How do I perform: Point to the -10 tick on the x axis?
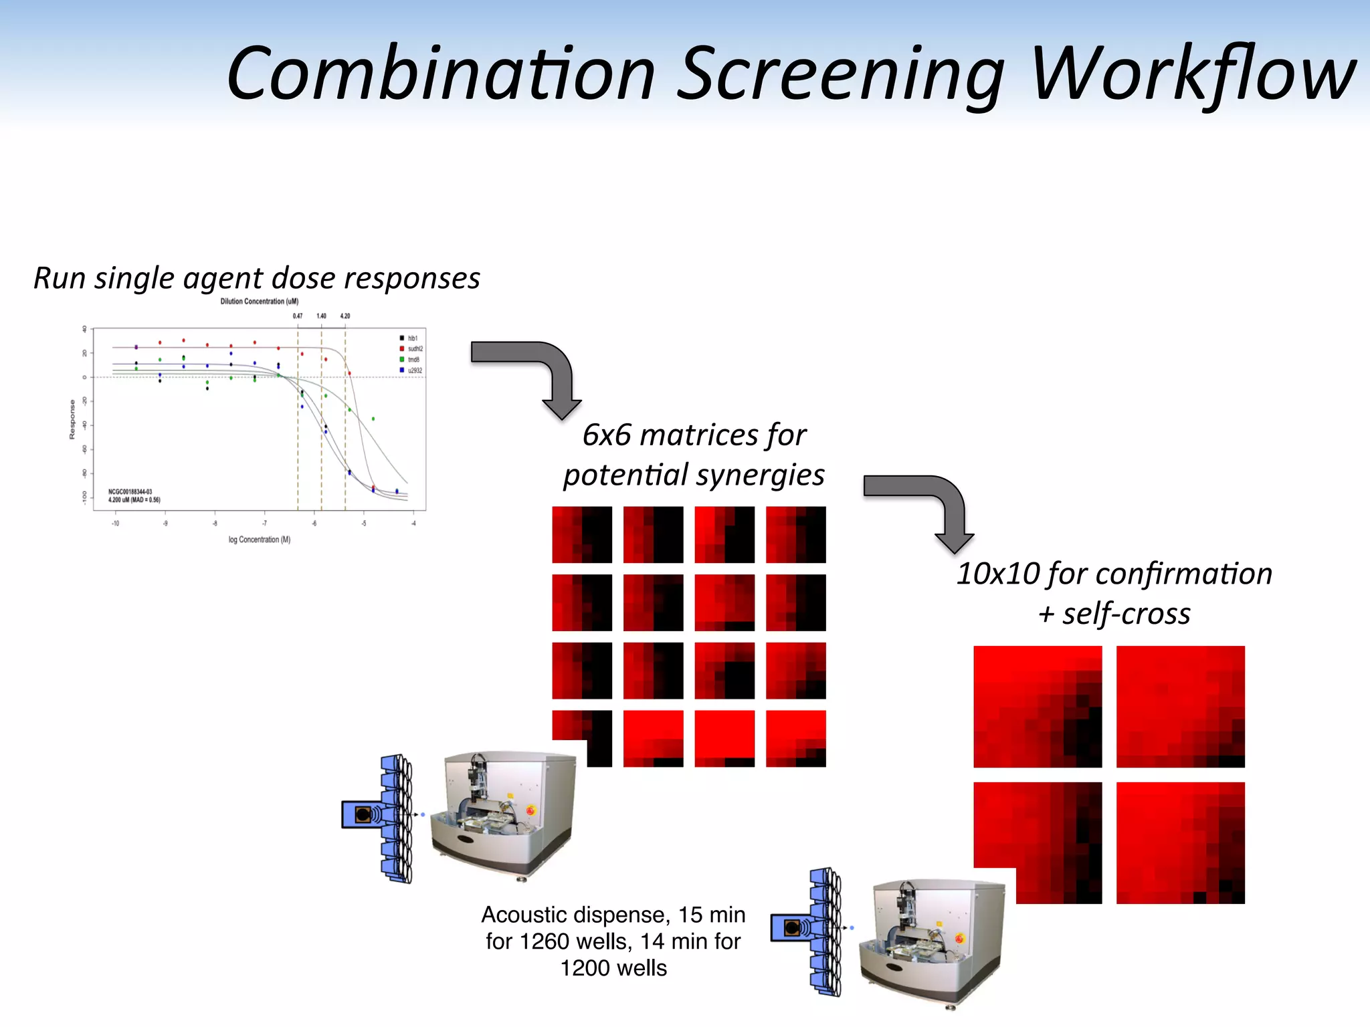click(x=115, y=524)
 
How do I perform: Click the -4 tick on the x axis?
click(x=413, y=524)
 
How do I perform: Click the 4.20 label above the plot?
click(x=345, y=316)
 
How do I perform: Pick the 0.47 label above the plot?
click(x=298, y=316)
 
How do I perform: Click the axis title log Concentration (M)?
click(x=260, y=540)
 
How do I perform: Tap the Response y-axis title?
click(x=72, y=420)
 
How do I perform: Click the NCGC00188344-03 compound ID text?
click(x=130, y=491)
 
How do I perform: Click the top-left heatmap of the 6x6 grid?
click(x=581, y=534)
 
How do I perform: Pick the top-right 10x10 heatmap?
click(x=1180, y=706)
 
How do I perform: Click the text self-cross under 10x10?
click(x=1127, y=614)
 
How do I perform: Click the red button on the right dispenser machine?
click(x=960, y=939)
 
